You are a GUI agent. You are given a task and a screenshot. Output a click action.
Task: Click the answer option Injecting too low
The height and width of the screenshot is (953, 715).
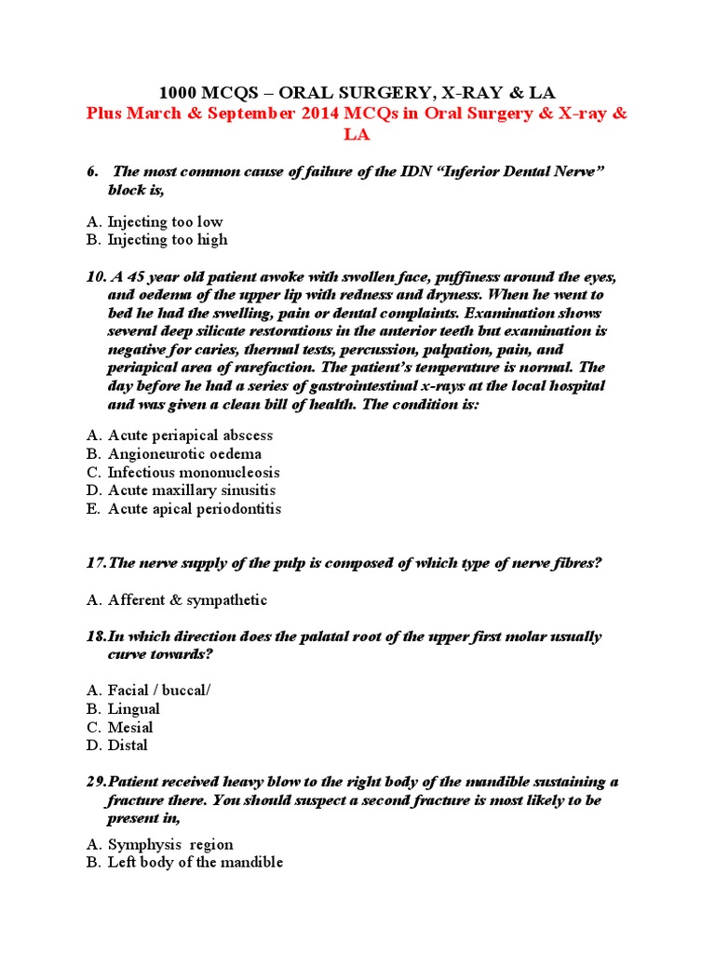click(x=165, y=221)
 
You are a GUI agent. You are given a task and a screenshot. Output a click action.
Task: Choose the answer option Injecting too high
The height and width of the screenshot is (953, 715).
click(x=167, y=239)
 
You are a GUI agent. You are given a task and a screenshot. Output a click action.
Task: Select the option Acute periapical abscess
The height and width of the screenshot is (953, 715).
click(x=190, y=436)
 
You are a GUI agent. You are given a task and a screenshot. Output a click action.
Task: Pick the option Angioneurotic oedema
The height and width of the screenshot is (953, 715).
click(x=184, y=454)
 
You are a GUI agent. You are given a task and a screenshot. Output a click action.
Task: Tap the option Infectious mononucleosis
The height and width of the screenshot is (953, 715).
click(x=194, y=472)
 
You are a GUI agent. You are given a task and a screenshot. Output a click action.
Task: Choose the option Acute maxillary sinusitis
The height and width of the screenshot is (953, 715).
click(x=192, y=490)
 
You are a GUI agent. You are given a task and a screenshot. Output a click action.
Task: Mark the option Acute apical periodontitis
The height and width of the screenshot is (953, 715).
click(x=194, y=509)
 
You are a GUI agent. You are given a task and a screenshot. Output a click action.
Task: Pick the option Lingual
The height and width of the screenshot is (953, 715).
click(x=133, y=709)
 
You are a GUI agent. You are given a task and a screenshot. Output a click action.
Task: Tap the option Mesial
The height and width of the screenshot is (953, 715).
click(x=130, y=727)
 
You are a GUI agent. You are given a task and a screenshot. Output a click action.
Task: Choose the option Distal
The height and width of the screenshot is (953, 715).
click(x=128, y=745)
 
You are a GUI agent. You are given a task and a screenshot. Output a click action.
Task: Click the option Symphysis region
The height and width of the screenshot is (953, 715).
click(x=170, y=845)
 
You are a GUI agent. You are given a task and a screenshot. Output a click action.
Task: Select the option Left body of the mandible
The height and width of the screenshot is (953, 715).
click(x=196, y=863)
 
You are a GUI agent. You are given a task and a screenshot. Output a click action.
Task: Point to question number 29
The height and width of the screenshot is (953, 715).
click(x=94, y=782)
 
